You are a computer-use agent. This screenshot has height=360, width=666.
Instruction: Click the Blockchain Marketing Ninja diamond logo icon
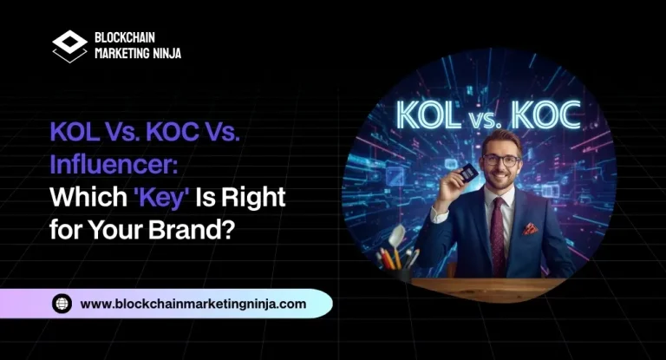(x=69, y=44)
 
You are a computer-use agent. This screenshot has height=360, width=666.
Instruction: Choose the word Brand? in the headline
(x=189, y=230)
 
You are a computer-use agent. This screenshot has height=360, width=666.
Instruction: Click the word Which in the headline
(x=78, y=197)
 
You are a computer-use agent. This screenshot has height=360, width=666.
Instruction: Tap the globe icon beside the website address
(x=62, y=304)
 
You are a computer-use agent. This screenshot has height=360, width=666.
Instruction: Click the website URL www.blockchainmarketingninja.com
(x=193, y=304)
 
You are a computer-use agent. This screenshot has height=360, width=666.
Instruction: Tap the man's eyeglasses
(x=501, y=160)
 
